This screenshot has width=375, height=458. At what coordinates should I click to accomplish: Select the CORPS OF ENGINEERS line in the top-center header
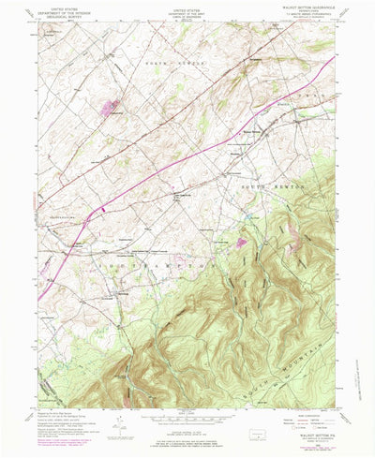[187, 16]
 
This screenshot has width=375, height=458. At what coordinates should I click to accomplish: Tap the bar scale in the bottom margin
[187, 421]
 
